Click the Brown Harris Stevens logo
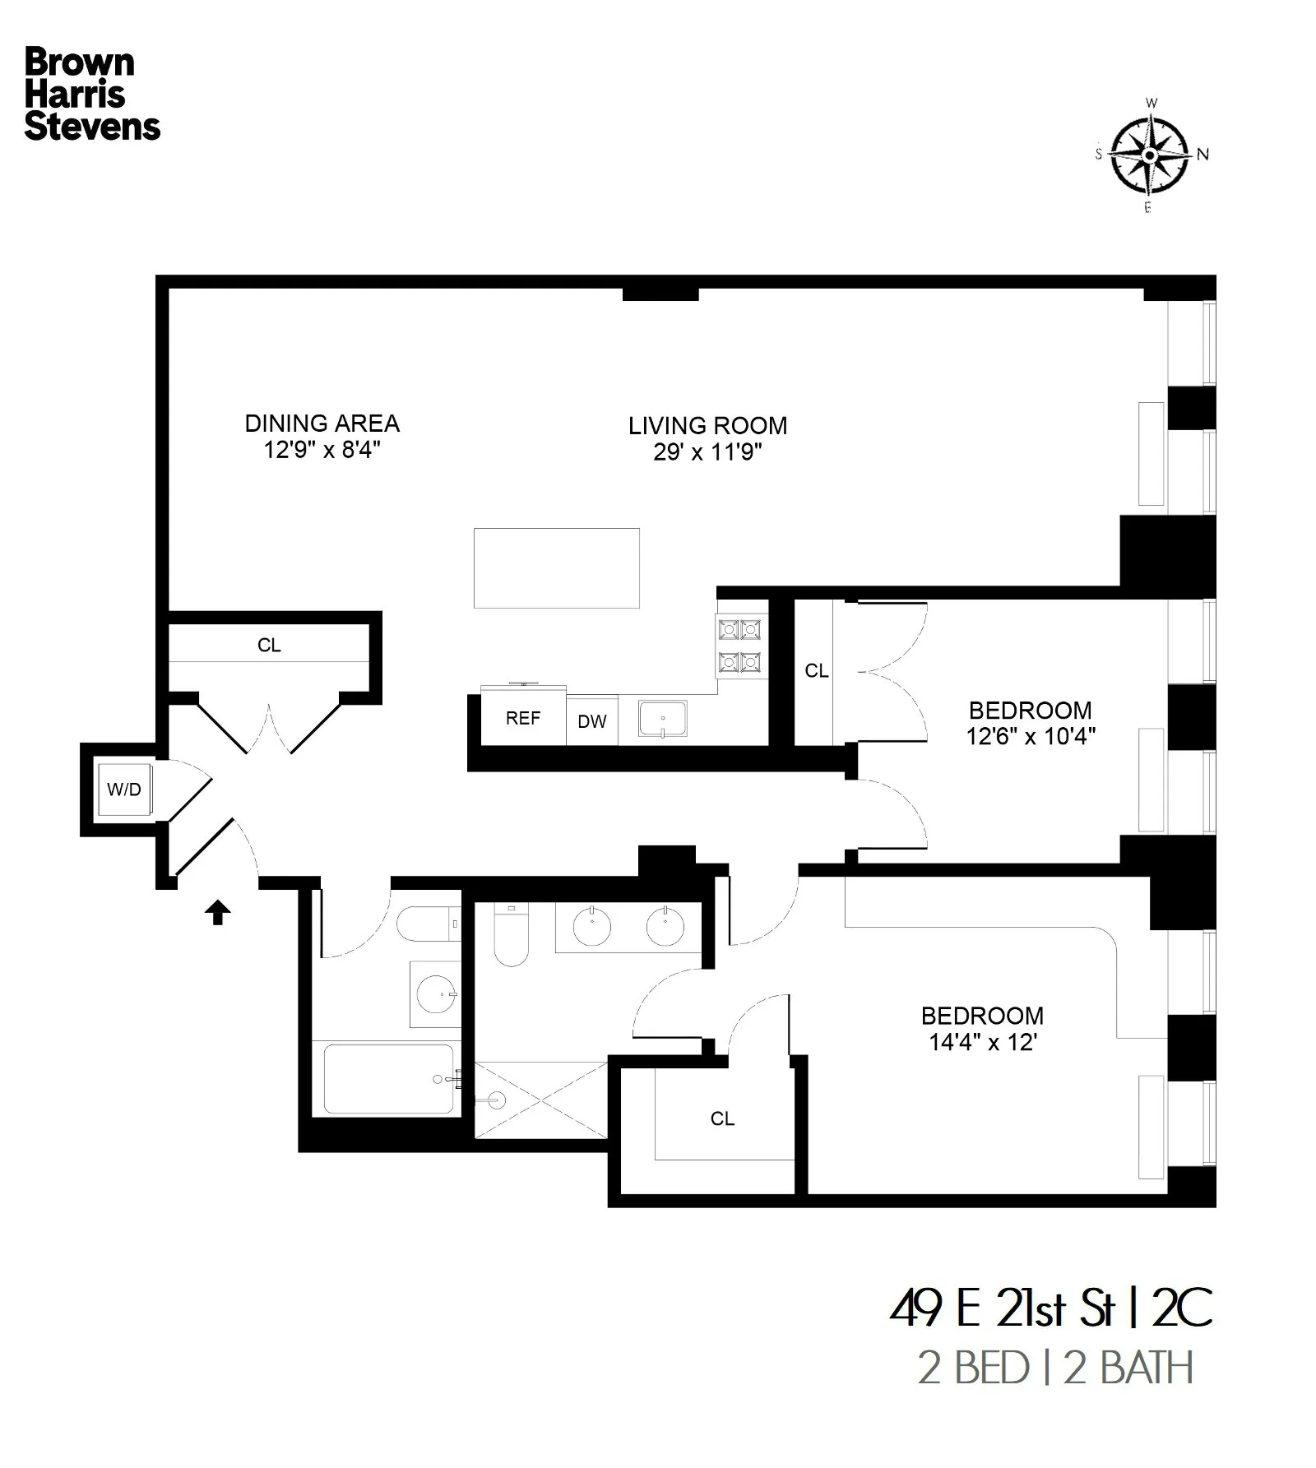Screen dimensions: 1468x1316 coord(91,94)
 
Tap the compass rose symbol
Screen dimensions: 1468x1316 coord(1150,155)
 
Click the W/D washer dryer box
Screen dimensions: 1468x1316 coord(124,790)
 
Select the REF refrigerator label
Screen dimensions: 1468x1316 coord(523,718)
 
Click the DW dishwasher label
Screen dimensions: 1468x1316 coord(592,721)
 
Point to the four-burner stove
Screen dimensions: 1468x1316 coord(739,646)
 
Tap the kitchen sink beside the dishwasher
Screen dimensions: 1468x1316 coord(663,719)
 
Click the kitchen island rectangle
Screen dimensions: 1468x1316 coord(557,568)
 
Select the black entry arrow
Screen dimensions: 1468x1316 coord(218,912)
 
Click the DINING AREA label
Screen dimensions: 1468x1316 coord(322,424)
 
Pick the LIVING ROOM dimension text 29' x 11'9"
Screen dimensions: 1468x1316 coord(708,452)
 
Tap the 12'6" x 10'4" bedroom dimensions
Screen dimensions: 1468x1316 coord(1031,736)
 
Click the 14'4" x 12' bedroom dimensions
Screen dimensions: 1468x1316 coord(983,1042)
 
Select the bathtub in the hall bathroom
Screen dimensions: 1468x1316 coord(388,1079)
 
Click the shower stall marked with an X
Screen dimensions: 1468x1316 coord(542,1100)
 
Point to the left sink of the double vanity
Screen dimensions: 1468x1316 coord(592,928)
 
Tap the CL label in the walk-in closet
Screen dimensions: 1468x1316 coord(722,1118)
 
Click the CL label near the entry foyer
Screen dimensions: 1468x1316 coord(269,646)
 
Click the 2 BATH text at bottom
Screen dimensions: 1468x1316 coord(1128,1368)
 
